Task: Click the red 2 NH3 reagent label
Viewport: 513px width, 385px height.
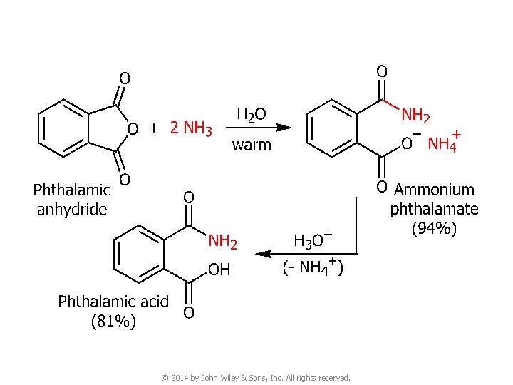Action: click(x=191, y=128)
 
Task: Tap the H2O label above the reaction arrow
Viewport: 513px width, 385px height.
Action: click(x=252, y=114)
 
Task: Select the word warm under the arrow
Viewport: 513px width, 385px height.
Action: click(x=252, y=145)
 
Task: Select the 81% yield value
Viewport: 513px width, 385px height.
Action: click(x=113, y=322)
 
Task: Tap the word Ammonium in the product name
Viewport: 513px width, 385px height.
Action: click(x=434, y=190)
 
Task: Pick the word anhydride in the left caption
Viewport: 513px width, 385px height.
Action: click(x=72, y=209)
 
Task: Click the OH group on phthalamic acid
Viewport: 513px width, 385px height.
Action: click(x=219, y=270)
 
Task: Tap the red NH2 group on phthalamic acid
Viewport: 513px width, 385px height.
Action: click(x=222, y=241)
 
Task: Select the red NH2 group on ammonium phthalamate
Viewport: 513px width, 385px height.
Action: click(x=416, y=115)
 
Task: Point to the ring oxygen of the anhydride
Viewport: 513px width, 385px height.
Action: click(x=132, y=128)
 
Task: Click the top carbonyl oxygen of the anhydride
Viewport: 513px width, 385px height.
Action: click(x=124, y=77)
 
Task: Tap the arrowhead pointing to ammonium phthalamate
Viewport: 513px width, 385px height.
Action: click(x=284, y=128)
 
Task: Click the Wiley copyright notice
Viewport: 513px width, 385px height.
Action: click(x=256, y=377)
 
